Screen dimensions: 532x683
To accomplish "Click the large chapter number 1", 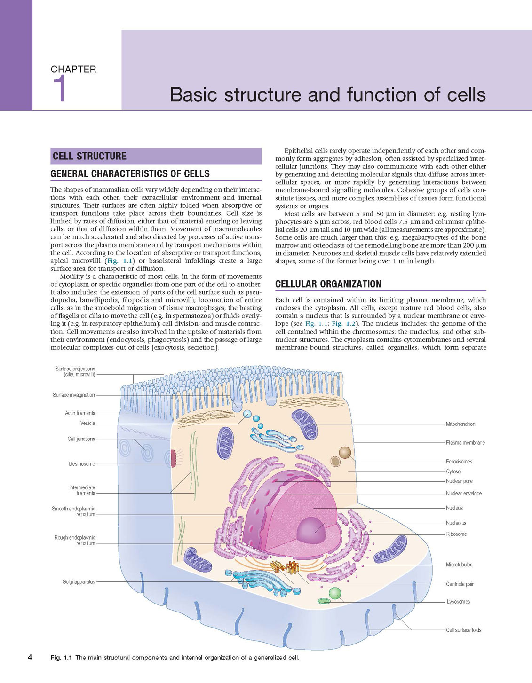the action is click(x=60, y=88).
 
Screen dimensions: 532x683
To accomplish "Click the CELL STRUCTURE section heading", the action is click(x=90, y=156).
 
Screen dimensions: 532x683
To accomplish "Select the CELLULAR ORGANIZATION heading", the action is click(x=328, y=284).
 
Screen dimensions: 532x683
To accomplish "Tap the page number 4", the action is click(x=30, y=657).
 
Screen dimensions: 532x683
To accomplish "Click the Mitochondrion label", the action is click(x=461, y=424).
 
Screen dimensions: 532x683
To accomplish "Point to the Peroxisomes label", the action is click(x=459, y=462).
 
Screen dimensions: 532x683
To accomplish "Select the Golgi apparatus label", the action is click(x=79, y=582).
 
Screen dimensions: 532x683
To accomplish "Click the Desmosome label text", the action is click(x=82, y=463).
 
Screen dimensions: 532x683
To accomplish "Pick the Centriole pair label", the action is click(x=460, y=584).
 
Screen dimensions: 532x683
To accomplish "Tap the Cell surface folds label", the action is click(x=463, y=630).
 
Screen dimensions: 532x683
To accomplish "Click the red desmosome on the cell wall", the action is click(x=173, y=459).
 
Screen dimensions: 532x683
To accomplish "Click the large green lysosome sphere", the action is click(x=335, y=593).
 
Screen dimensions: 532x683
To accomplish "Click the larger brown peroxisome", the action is click(x=345, y=453).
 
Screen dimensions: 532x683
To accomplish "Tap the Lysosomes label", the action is click(x=459, y=602).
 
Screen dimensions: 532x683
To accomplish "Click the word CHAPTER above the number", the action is click(x=73, y=69).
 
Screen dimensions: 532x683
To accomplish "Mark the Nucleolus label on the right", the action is click(x=456, y=523).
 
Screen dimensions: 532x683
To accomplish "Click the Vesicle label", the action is click(x=87, y=423).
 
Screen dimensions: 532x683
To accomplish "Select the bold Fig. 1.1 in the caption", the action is click(x=62, y=658).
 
